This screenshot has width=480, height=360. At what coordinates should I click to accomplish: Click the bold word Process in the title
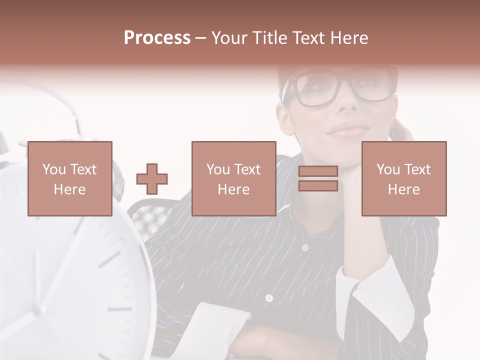[x=157, y=38]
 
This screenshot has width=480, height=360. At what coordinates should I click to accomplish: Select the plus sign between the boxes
[x=152, y=178]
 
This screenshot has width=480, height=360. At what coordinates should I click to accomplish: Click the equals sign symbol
[x=318, y=178]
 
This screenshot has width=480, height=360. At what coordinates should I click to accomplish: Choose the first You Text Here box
[x=70, y=178]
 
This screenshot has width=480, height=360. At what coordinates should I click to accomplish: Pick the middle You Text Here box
[x=233, y=178]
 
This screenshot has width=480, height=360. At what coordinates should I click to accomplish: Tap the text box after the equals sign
[x=403, y=178]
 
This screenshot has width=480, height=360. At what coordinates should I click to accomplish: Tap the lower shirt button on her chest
[x=269, y=298]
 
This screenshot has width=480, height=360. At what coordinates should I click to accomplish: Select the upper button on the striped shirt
[x=304, y=247]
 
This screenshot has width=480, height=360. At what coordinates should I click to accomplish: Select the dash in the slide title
[x=201, y=38]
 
